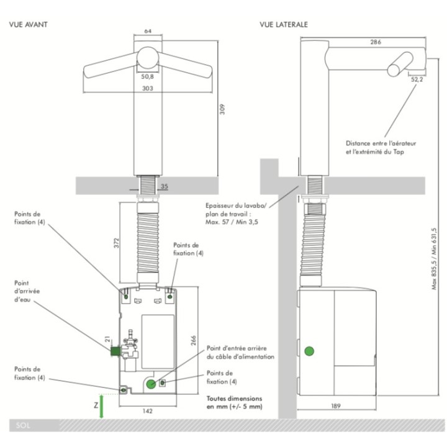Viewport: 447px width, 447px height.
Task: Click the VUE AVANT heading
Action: tap(28, 24)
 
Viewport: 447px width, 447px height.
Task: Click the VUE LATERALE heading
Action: tap(284, 24)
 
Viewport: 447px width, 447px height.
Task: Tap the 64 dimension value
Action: tap(148, 31)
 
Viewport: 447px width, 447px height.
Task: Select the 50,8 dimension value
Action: tap(147, 77)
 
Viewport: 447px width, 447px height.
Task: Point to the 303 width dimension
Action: tap(148, 88)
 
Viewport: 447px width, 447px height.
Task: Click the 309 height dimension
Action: tap(222, 109)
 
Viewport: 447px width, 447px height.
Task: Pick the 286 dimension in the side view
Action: tap(376, 42)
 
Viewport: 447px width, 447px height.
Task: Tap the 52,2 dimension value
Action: tap(417, 79)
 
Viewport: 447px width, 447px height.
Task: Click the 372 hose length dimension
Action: tap(116, 243)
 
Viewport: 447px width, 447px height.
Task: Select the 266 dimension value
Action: tap(193, 341)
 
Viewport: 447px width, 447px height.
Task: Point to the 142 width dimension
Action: tap(147, 411)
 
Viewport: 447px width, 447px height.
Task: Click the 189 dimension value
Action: tap(336, 406)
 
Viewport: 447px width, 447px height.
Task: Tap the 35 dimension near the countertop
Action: tap(165, 186)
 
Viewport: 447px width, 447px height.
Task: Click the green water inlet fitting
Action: tap(115, 351)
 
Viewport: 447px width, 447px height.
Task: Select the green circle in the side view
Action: tap(309, 351)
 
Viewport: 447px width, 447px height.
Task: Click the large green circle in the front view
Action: tap(151, 384)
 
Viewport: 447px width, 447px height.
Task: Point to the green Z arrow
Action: tap(101, 406)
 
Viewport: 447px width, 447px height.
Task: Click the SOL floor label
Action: tap(23, 426)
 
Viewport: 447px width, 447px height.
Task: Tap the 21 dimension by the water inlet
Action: tap(107, 339)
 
